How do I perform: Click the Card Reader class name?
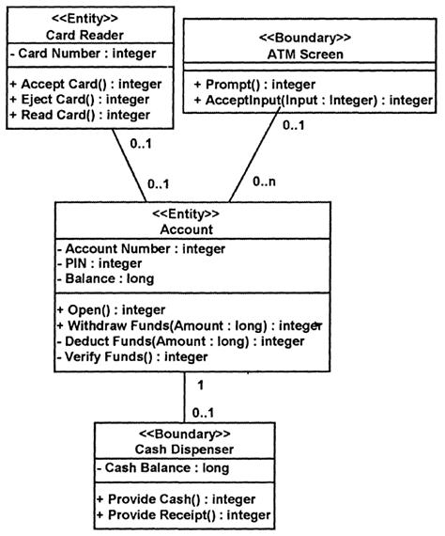point(84,35)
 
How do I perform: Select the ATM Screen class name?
point(305,55)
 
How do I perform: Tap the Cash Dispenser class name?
point(184,449)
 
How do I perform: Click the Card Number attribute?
point(84,54)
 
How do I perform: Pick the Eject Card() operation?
point(80,100)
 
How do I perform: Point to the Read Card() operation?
point(80,115)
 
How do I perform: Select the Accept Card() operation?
point(86,84)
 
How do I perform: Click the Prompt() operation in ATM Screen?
point(254,85)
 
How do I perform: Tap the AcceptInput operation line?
point(314,101)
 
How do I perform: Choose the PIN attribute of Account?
point(100,263)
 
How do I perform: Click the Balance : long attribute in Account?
point(105,278)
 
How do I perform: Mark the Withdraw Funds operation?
point(190,325)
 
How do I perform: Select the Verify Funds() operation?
point(132,357)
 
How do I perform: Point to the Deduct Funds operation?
point(180,341)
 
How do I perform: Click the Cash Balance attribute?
point(163,467)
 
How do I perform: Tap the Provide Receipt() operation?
point(184,514)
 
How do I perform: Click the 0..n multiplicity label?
point(264,181)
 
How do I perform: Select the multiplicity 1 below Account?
point(200,386)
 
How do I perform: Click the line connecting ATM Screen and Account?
point(254,154)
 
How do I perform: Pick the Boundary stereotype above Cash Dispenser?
point(184,434)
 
